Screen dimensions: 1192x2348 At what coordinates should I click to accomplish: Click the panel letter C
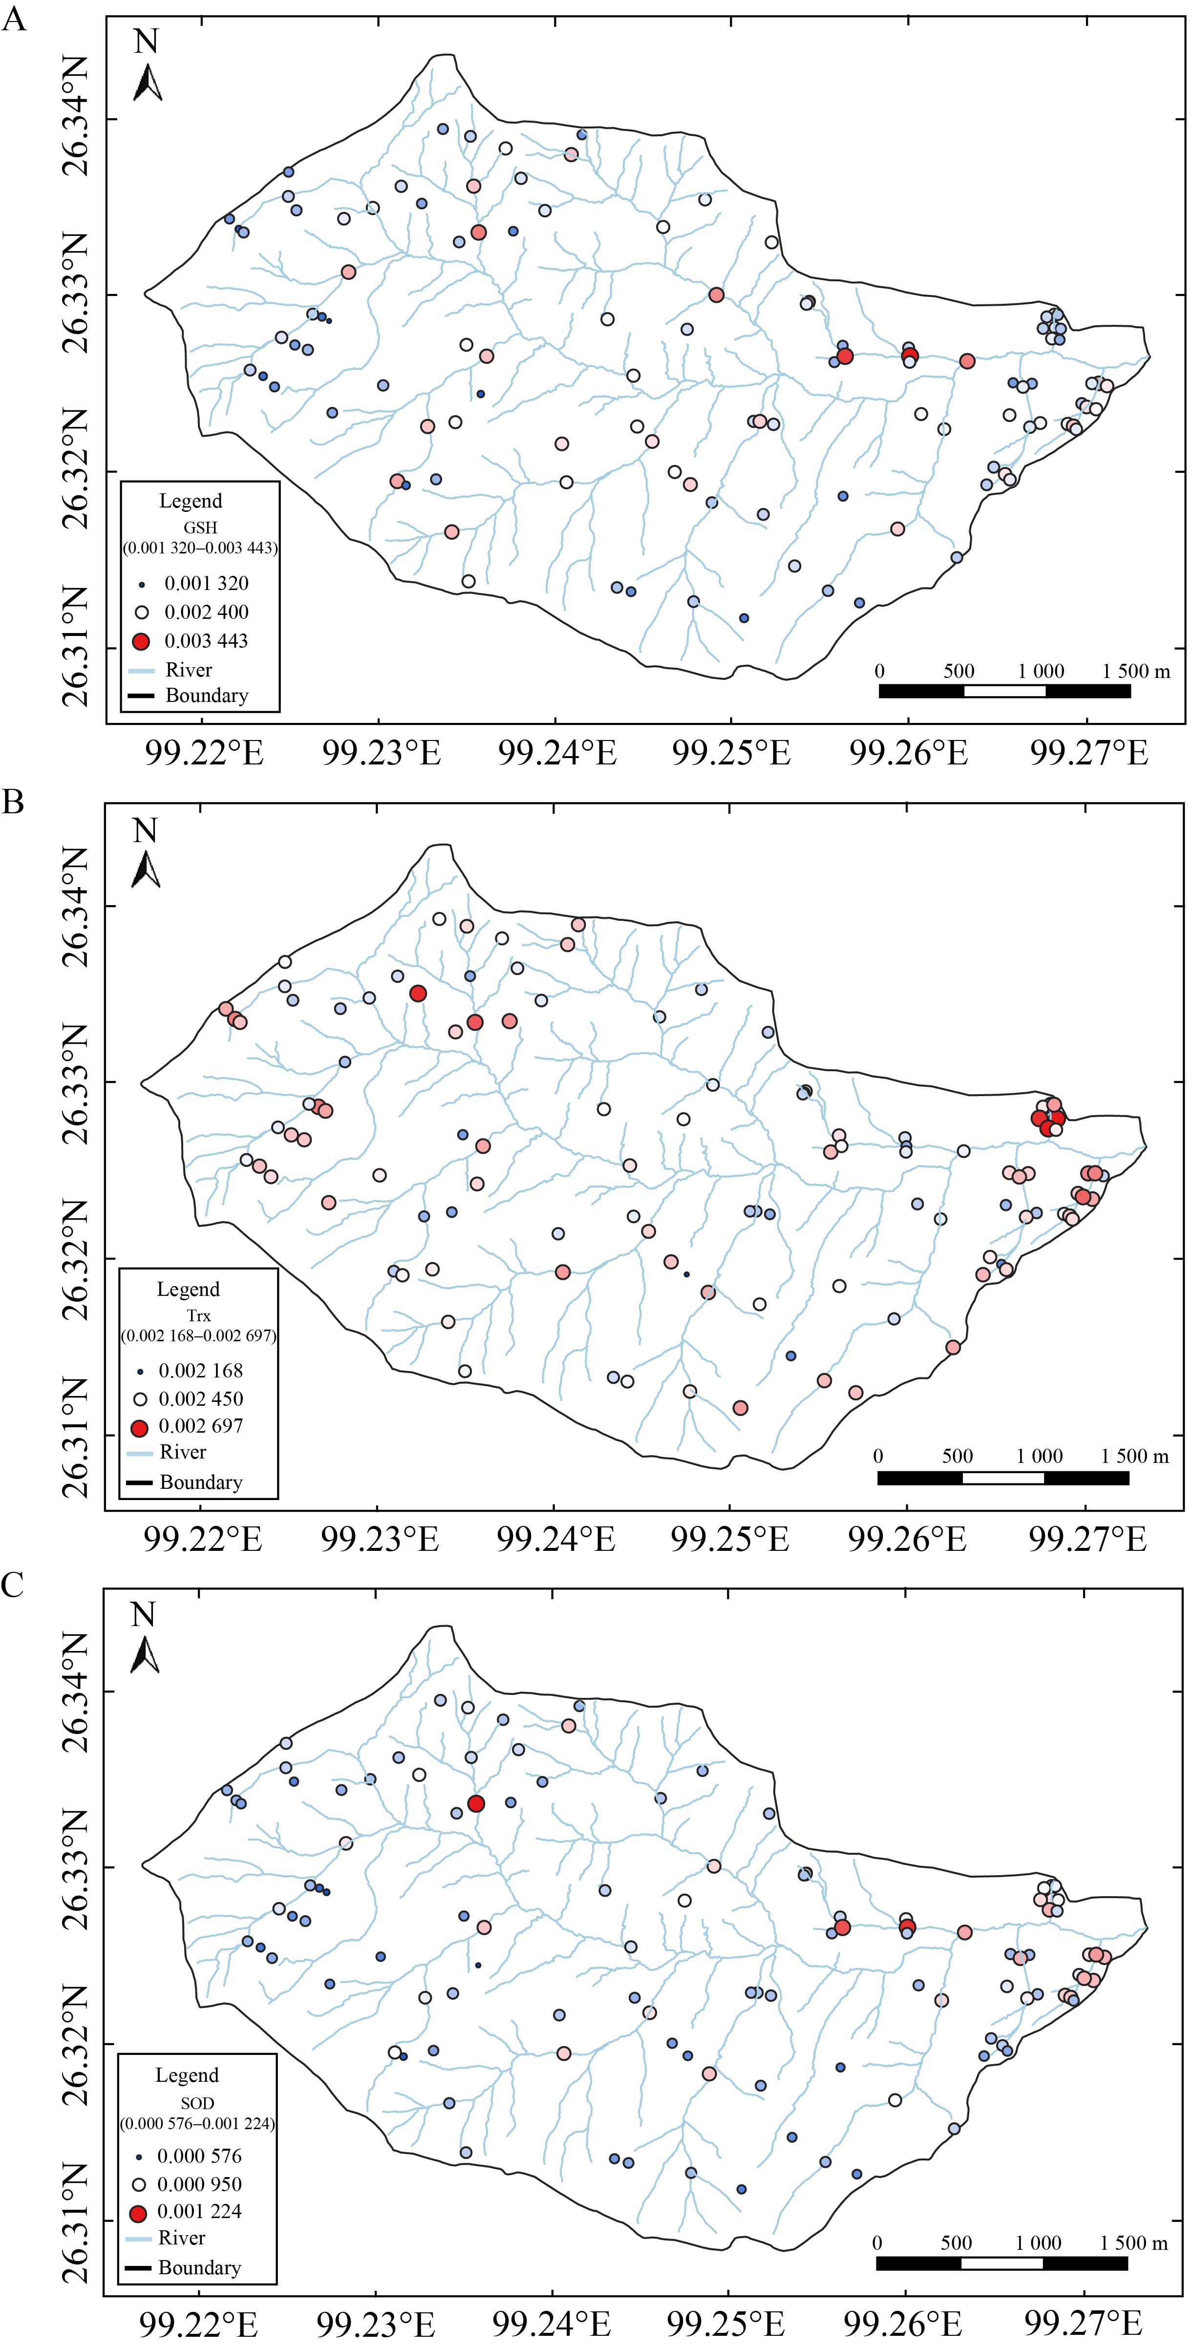point(13,1586)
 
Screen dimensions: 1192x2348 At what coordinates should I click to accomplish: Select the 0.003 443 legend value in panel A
point(206,641)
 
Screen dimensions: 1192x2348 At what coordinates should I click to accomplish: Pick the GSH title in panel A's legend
point(200,527)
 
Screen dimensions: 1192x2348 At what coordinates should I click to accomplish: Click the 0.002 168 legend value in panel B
point(200,1370)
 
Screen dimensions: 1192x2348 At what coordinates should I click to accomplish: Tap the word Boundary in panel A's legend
point(207,696)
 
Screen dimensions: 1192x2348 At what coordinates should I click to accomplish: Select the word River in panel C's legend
point(181,2238)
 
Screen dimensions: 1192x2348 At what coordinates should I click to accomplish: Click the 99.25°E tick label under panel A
point(731,753)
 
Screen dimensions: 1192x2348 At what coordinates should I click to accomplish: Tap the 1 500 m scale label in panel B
point(1134,1456)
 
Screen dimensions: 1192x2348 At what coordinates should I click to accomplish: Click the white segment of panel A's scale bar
point(1004,691)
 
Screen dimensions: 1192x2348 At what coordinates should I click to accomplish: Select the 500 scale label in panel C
point(956,2242)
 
